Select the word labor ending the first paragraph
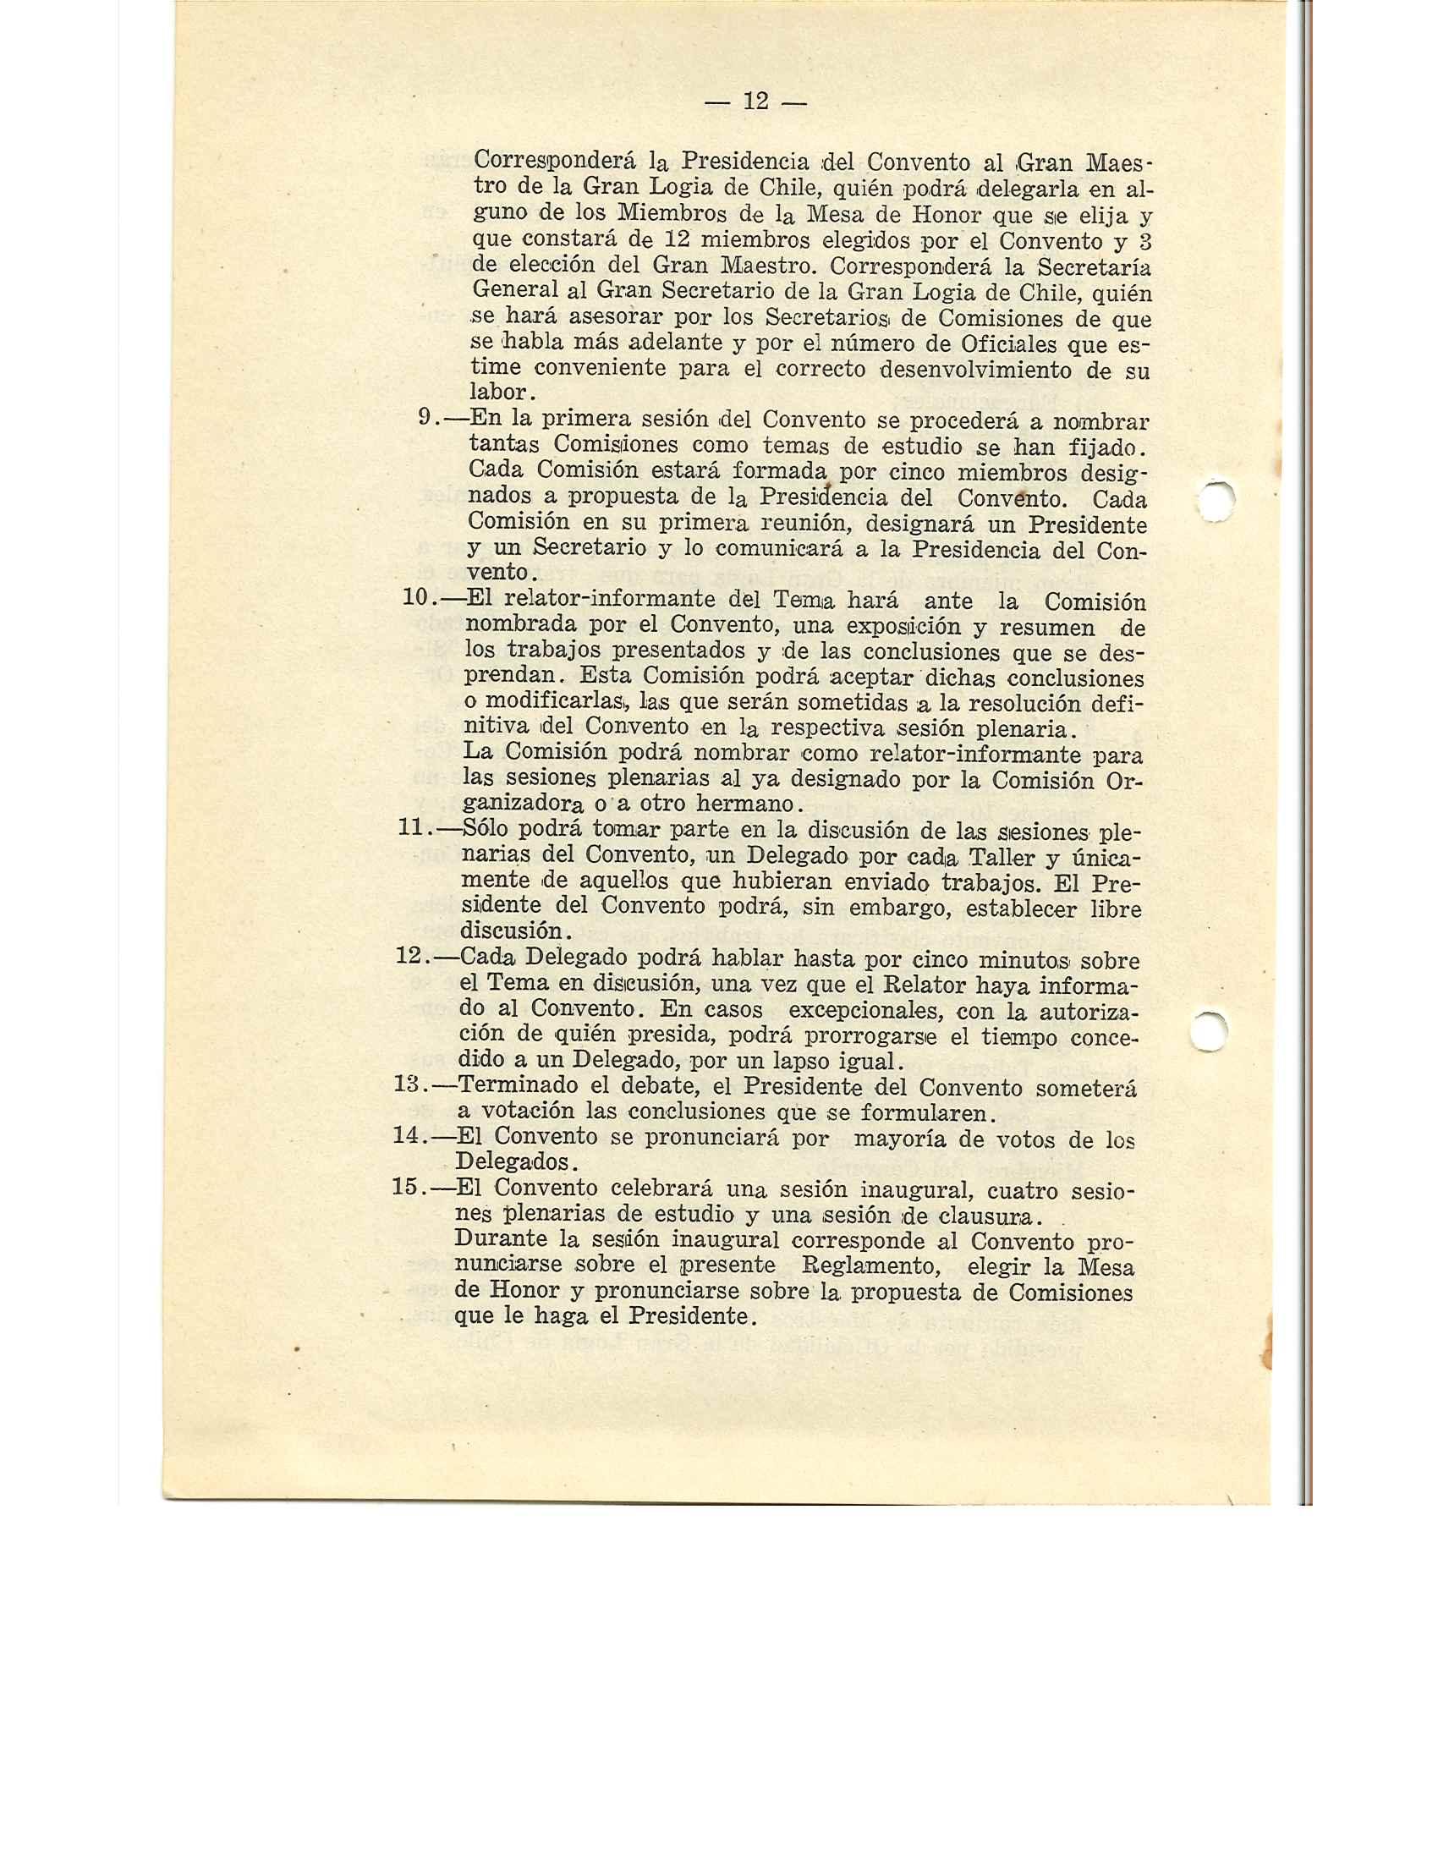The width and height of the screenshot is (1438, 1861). click(498, 393)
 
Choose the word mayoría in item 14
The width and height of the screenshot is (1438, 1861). click(895, 1138)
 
